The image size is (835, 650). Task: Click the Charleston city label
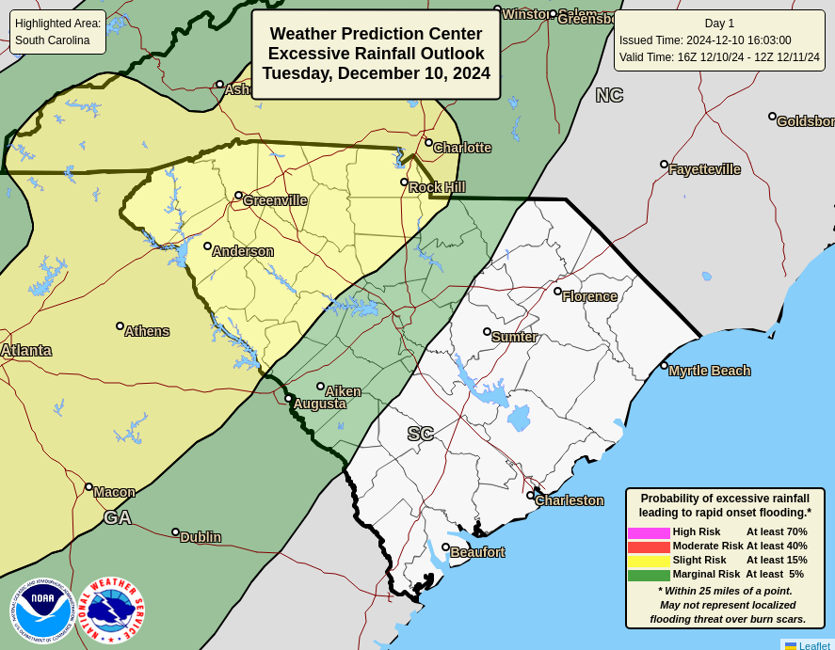570,500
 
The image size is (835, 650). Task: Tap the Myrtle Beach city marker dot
664,366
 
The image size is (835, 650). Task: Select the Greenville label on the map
275,200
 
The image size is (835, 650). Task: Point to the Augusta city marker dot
288,399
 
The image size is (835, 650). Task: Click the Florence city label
589,296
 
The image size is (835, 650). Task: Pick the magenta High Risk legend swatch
649,532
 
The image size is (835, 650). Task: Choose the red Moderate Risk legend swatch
649,547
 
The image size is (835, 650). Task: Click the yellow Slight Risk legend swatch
649,561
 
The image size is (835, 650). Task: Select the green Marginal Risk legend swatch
649,575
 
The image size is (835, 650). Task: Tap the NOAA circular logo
41,610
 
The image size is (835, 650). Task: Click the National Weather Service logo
111,610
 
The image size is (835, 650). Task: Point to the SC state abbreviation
421,434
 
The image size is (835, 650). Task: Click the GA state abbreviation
118,517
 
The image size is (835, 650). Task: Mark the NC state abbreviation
609,95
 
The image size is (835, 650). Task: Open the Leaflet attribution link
814,645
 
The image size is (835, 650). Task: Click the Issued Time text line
705,40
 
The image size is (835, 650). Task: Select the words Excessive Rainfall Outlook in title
376,54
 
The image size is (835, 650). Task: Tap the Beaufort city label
477,552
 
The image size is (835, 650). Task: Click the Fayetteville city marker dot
664,165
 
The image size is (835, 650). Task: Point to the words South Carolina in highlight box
53,40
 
